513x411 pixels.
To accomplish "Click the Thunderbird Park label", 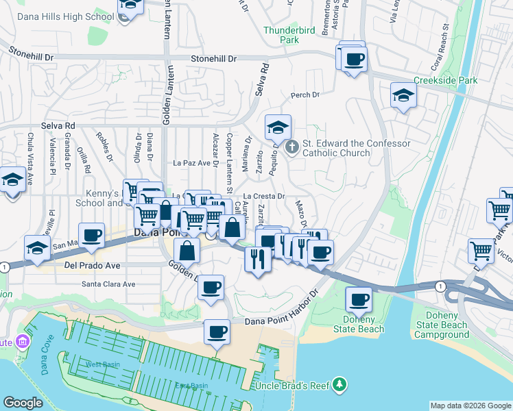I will point(281,35).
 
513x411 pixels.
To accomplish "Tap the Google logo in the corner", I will point(23,403).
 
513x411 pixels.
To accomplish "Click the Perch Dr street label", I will point(305,95).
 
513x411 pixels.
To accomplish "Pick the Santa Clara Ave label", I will point(108,284).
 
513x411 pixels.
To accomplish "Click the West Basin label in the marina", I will point(102,364).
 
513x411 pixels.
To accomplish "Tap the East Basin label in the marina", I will point(191,386).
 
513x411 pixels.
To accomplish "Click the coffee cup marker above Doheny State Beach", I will point(358,299).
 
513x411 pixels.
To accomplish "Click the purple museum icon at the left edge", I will point(23,341).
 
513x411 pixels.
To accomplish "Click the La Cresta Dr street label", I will point(264,197).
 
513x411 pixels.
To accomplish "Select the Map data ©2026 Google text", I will point(470,405).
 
